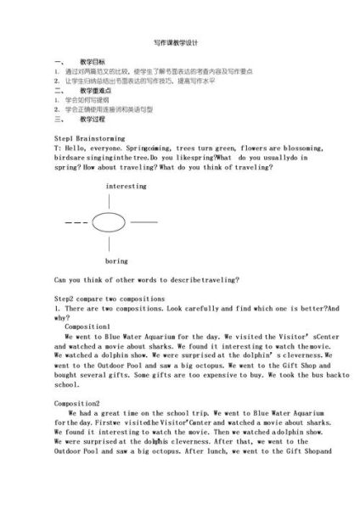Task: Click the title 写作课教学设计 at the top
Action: pos(175,42)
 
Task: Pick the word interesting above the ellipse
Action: pos(126,185)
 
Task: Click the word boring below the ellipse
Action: pos(116,260)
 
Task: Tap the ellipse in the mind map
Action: pos(109,222)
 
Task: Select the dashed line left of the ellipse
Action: pos(76,222)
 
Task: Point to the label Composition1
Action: pos(87,326)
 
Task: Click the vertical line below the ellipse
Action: pos(109,243)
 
